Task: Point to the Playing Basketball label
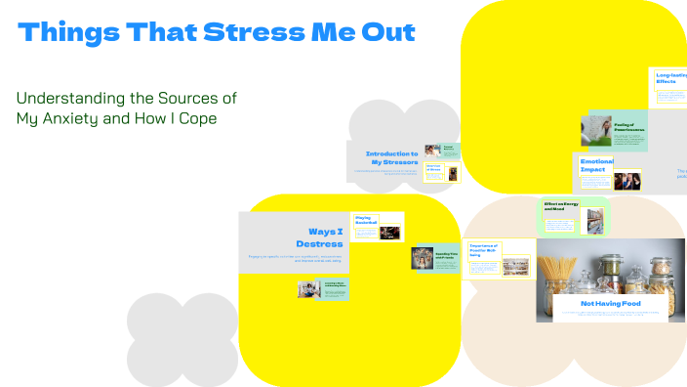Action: pos(365,221)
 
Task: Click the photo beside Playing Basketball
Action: pos(389,233)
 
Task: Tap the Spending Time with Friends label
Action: pos(447,254)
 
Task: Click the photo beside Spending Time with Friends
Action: pos(422,257)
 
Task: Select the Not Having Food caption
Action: pos(611,304)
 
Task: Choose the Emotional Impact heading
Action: pos(596,164)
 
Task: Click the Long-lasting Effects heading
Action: pos(670,77)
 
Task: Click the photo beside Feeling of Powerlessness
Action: pos(596,131)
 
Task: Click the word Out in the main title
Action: pos(392,32)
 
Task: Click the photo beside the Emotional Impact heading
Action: pos(626,180)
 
